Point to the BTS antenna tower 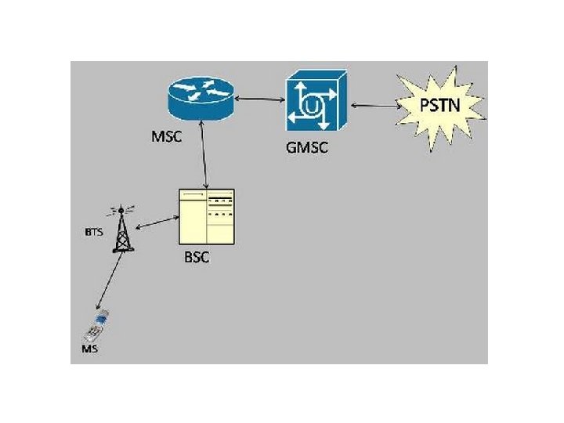[121, 230]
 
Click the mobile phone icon [100, 325]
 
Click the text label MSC [166, 137]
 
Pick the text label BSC [197, 257]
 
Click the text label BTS [93, 232]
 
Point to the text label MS [90, 349]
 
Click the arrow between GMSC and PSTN [375, 104]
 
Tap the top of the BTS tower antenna [121, 209]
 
